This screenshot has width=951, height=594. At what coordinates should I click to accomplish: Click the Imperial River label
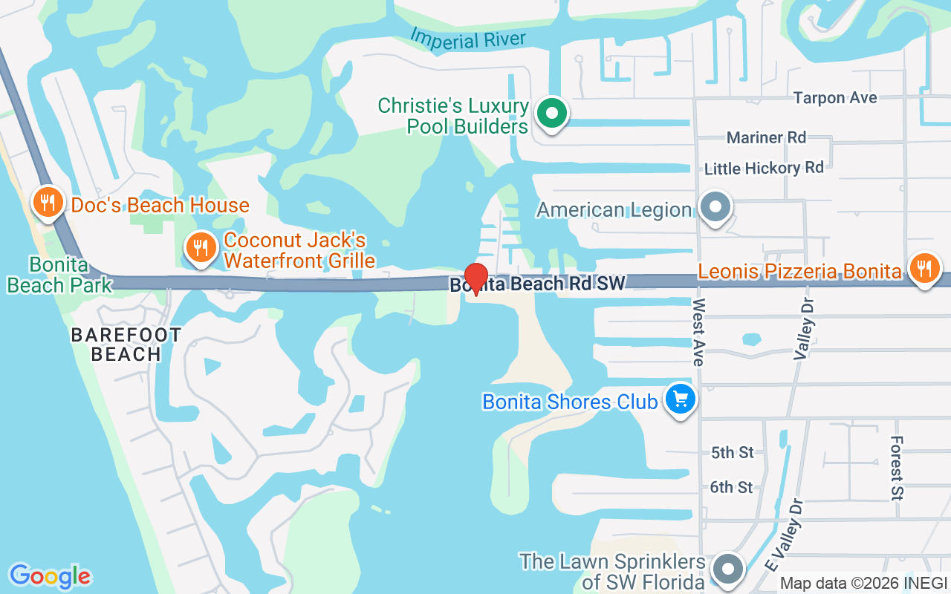click(468, 39)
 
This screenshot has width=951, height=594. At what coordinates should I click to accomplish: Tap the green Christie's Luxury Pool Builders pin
click(551, 114)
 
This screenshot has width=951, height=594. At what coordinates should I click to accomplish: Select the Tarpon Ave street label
click(834, 98)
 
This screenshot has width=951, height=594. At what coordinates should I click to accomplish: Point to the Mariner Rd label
click(766, 137)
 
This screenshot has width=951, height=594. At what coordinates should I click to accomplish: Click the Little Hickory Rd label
click(764, 169)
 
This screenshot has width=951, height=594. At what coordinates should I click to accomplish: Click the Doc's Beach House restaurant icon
click(48, 201)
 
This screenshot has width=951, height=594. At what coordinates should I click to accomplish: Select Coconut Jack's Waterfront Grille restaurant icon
click(201, 247)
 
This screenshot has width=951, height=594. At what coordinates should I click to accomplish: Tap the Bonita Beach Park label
click(59, 275)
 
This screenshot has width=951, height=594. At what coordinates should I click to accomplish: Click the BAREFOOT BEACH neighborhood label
click(126, 345)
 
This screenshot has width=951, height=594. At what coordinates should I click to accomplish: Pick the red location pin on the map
click(475, 278)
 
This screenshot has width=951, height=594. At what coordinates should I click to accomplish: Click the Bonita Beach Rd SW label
click(537, 284)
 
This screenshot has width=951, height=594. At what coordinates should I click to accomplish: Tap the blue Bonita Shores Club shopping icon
click(679, 399)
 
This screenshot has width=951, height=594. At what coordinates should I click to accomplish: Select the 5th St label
click(732, 452)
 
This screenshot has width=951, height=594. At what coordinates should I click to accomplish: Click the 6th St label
click(732, 487)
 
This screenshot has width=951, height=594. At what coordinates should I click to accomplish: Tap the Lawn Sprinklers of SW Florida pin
click(728, 569)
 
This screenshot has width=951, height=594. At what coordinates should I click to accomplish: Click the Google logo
click(50, 576)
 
